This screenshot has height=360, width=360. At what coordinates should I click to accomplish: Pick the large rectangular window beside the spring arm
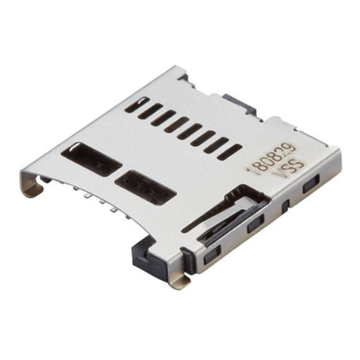(145, 188)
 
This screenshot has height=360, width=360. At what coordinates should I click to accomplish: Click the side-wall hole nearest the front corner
(212, 255)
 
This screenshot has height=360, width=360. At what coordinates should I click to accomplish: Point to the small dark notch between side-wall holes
(285, 206)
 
